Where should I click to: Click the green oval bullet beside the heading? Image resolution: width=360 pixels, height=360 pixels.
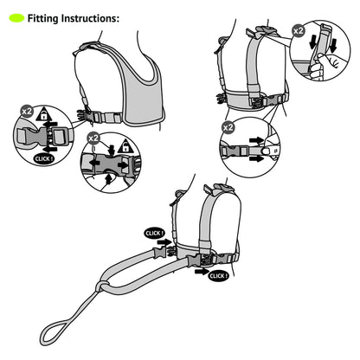(16, 18)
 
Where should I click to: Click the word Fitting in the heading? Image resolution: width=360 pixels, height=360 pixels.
(43, 18)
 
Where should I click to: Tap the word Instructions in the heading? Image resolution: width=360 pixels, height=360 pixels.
(90, 18)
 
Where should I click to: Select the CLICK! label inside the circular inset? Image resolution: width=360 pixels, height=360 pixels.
(44, 159)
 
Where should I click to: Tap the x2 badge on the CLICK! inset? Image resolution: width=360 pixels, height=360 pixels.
(27, 112)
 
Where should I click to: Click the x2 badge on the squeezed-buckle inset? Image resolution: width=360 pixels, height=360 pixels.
(93, 138)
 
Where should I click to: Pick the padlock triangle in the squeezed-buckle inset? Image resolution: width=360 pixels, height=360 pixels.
(125, 145)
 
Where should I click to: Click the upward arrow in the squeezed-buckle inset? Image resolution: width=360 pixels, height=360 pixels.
(108, 179)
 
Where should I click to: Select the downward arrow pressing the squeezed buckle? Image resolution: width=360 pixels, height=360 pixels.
(111, 150)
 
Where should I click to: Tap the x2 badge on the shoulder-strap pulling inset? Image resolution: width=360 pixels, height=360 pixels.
(299, 30)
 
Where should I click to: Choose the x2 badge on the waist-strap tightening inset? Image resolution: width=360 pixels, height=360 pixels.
(228, 127)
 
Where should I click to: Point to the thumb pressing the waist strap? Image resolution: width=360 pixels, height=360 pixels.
(266, 151)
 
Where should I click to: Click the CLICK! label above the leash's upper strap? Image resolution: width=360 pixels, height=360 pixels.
(155, 233)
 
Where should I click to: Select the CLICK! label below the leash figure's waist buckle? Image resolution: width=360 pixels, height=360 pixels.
(218, 276)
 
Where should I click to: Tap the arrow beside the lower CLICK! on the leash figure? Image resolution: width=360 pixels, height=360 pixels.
(202, 271)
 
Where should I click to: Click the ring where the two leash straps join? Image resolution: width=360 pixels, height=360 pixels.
(101, 286)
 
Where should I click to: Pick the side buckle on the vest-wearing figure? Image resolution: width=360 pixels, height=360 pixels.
(86, 116)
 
